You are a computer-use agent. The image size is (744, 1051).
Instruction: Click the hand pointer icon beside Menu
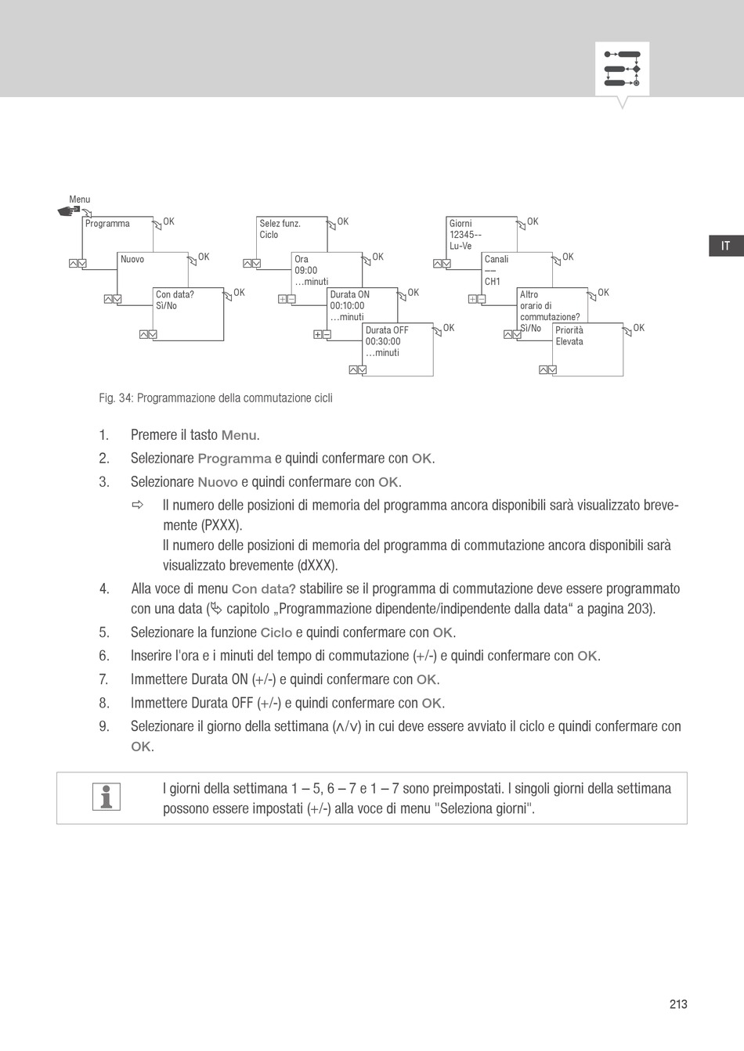click(x=69, y=211)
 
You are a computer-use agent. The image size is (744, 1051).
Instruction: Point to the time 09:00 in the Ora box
click(x=306, y=271)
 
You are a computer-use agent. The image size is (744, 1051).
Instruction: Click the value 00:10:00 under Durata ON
click(x=347, y=306)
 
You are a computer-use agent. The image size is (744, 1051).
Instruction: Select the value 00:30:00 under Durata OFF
click(x=383, y=341)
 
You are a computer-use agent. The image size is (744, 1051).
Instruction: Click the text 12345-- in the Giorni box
click(x=465, y=235)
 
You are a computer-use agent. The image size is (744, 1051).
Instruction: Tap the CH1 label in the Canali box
click(x=493, y=282)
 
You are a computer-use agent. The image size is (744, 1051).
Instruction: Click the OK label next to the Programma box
click(x=168, y=221)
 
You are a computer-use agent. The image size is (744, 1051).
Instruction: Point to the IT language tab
click(x=726, y=247)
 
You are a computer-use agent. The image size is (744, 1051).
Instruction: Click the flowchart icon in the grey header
click(x=622, y=69)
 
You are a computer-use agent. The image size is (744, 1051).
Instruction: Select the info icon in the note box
click(x=107, y=797)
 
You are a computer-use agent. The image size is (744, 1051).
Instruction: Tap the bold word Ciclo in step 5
click(x=276, y=633)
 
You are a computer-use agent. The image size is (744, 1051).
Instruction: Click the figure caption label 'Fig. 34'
click(x=115, y=398)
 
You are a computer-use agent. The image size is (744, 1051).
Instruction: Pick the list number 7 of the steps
click(x=103, y=679)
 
